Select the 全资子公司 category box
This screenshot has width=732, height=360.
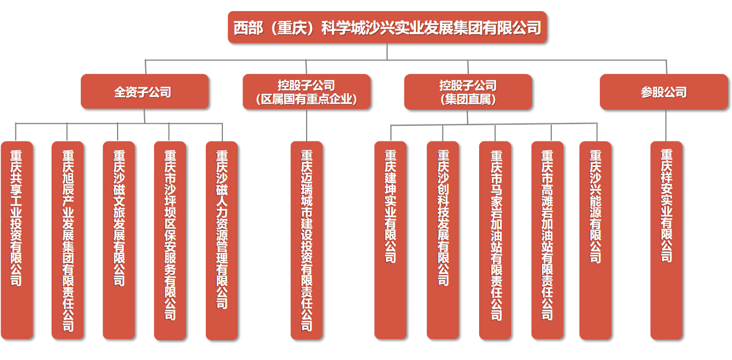pyautogui.click(x=145, y=92)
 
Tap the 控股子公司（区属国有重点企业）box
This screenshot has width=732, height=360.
pyautogui.click(x=306, y=92)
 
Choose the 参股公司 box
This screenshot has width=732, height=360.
pyautogui.click(x=664, y=92)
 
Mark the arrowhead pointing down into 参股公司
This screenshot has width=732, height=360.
pyautogui.click(x=664, y=69)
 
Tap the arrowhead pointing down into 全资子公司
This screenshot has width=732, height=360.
pyautogui.click(x=145, y=69)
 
